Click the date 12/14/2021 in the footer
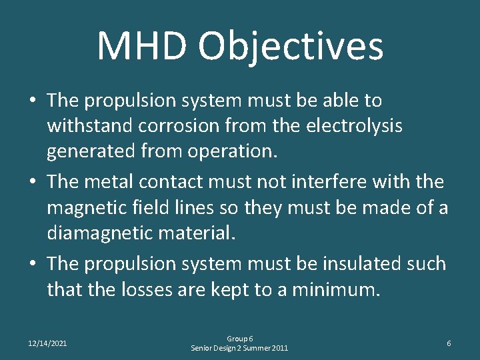click(47, 343)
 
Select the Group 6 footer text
click(239, 339)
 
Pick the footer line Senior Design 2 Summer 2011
click(239, 348)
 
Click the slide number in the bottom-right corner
click(449, 343)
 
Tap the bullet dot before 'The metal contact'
click(32, 182)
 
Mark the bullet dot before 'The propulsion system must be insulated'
click(32, 264)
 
